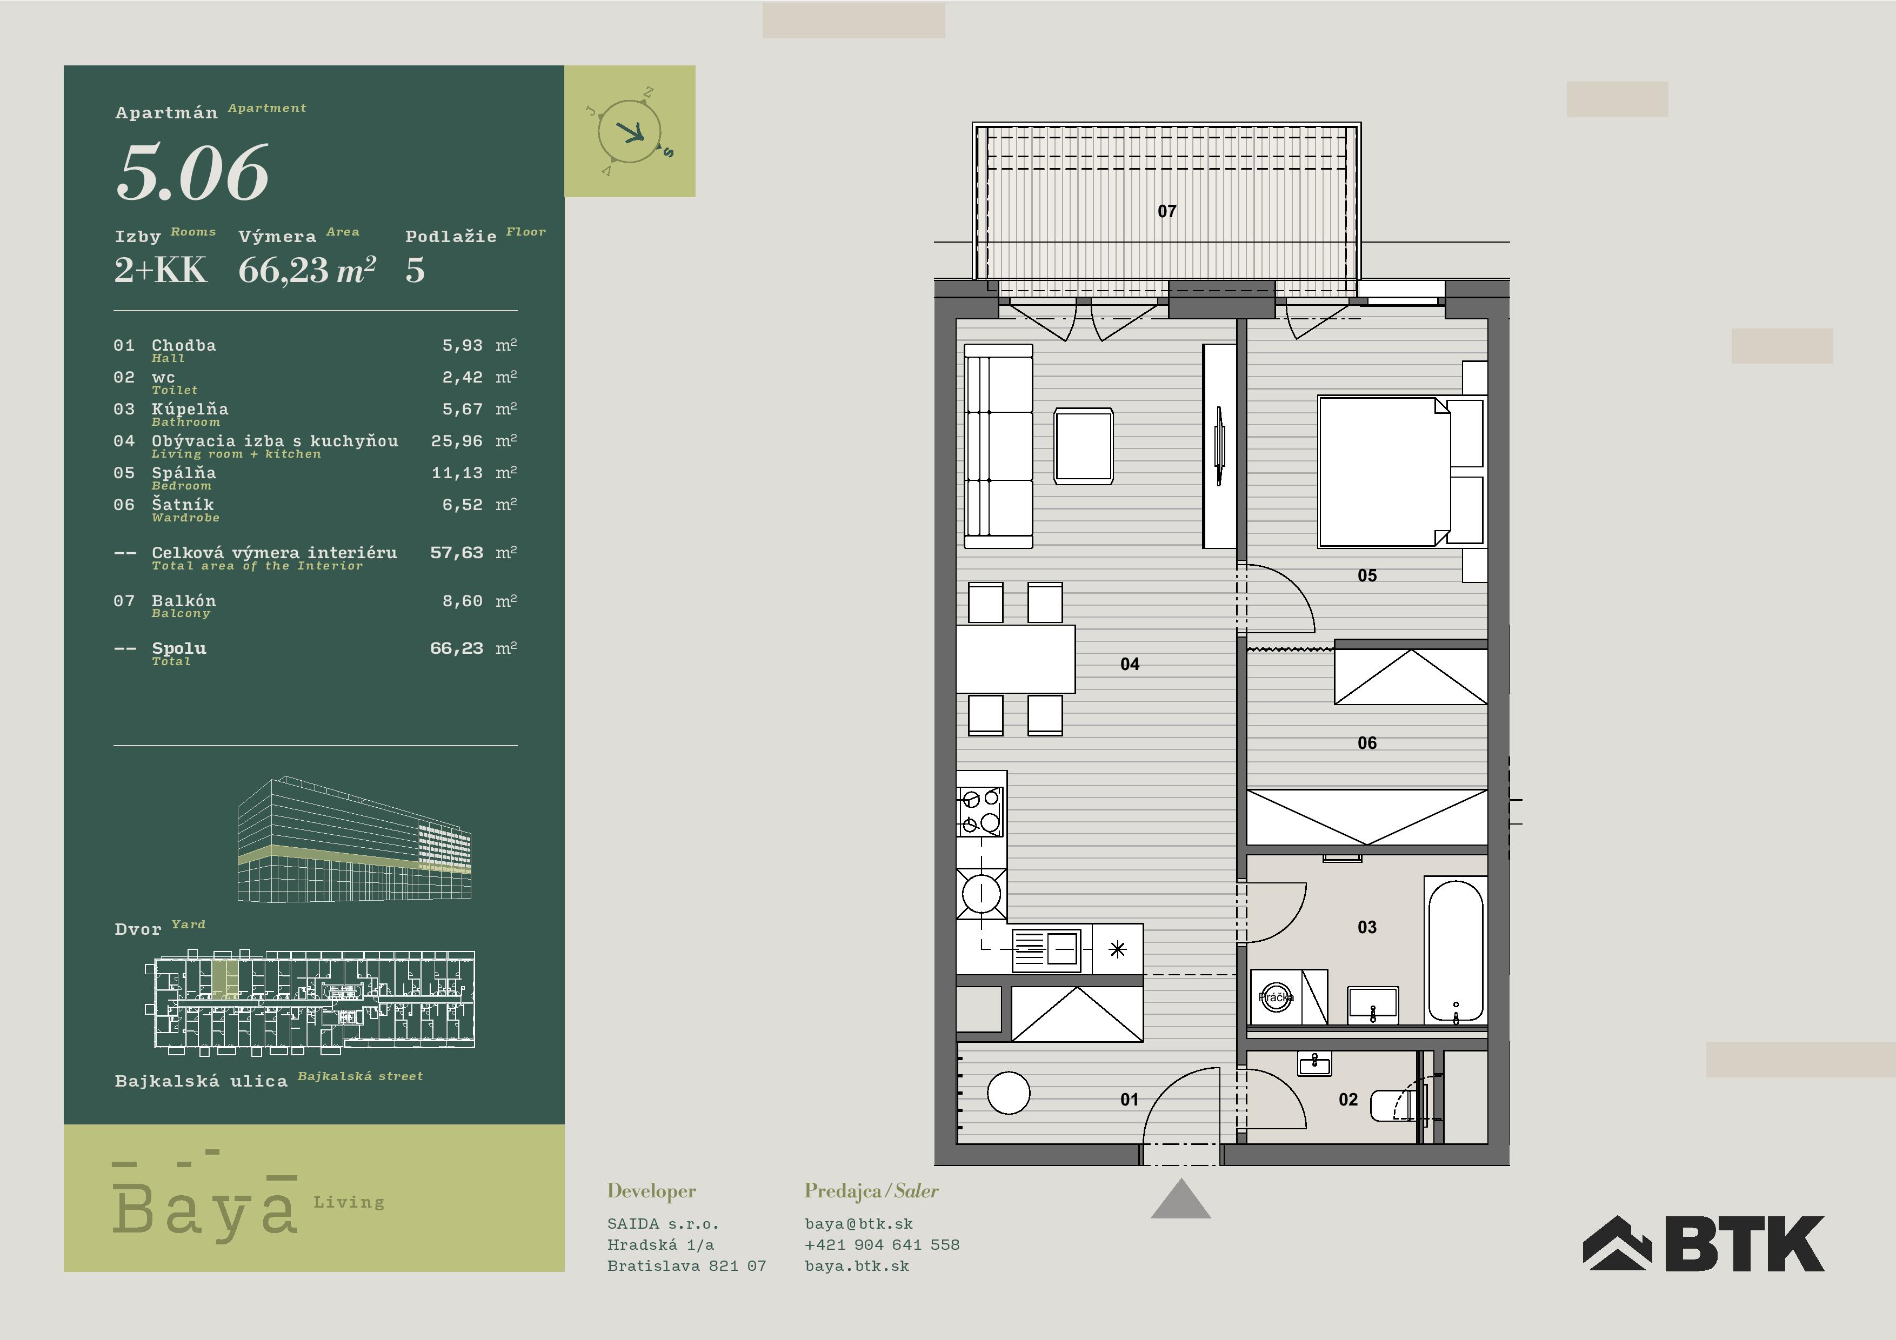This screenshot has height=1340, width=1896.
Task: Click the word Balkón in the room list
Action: tap(183, 600)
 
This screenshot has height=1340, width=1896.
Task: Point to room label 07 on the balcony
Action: tap(1167, 211)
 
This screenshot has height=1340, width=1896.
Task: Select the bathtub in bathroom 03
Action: tap(1455, 950)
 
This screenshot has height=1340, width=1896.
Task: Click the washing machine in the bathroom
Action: tap(1276, 997)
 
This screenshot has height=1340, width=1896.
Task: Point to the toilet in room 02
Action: tap(1399, 1105)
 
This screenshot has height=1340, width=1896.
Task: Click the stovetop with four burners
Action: tap(980, 811)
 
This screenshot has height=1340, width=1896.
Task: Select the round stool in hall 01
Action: tap(1009, 1093)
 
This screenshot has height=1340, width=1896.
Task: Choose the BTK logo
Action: tap(1704, 1243)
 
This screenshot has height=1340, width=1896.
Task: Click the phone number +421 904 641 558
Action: tap(882, 1244)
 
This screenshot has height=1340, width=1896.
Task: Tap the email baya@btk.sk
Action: tap(859, 1224)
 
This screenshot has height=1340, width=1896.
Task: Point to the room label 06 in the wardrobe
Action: tap(1367, 743)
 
